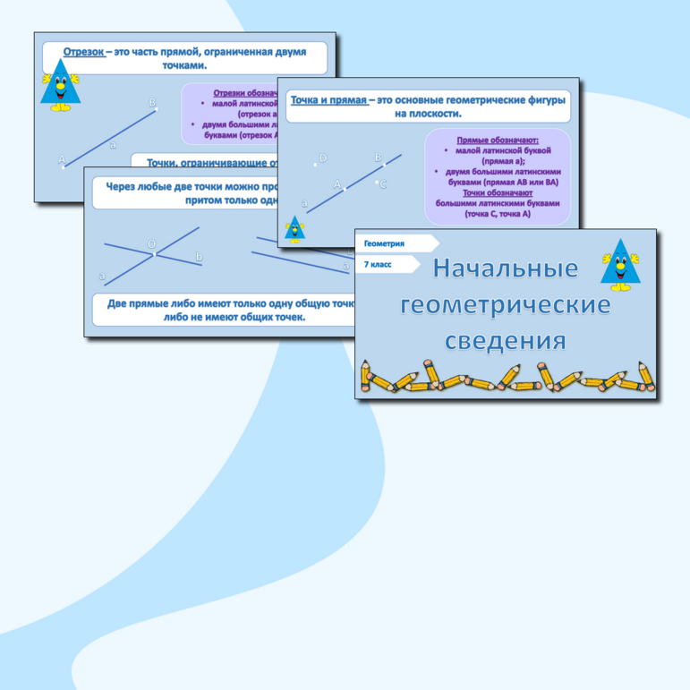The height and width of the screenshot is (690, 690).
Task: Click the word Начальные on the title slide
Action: coord(506,268)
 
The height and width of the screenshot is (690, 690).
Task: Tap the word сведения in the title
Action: coord(506,340)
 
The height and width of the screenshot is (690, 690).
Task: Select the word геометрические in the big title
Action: coord(506,304)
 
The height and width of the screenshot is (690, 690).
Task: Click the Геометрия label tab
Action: coord(386,243)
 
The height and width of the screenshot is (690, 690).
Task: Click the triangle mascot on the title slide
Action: coord(620,267)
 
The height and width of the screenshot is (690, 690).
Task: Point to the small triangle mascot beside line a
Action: coord(294,230)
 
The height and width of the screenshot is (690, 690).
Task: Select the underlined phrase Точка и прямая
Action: coord(329,100)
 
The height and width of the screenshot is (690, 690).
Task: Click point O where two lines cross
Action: coord(151,244)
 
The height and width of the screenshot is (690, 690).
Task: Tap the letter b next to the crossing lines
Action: coord(199,258)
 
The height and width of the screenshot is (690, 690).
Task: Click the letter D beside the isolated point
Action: coord(323,158)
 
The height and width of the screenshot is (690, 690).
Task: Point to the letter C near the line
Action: coord(382,184)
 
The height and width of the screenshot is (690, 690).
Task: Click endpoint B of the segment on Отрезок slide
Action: coord(153,104)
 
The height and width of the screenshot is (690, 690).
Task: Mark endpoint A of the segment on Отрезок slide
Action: coord(62,160)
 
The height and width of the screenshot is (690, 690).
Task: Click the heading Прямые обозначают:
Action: coord(498,141)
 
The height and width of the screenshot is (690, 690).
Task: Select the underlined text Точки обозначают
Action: coord(498,192)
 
